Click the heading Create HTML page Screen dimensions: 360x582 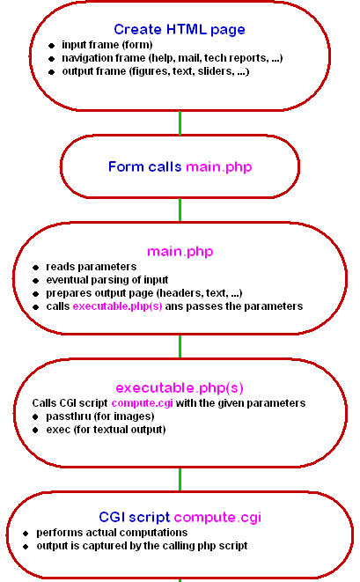[180, 29]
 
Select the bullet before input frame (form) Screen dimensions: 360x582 [52, 46]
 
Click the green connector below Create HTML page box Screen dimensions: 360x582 [180, 123]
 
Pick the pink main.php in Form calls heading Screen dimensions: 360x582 [219, 166]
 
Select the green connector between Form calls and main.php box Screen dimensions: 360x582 [180, 210]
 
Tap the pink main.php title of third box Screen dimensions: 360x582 [180, 252]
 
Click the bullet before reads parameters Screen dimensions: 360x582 [35, 268]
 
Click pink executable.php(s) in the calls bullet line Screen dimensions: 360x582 [117, 306]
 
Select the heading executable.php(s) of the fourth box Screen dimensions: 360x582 [180, 388]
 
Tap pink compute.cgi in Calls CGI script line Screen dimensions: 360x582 [142, 403]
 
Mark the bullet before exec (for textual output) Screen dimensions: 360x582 [35, 431]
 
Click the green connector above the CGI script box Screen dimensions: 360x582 [180, 480]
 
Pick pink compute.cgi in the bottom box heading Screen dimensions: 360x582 [217, 518]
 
